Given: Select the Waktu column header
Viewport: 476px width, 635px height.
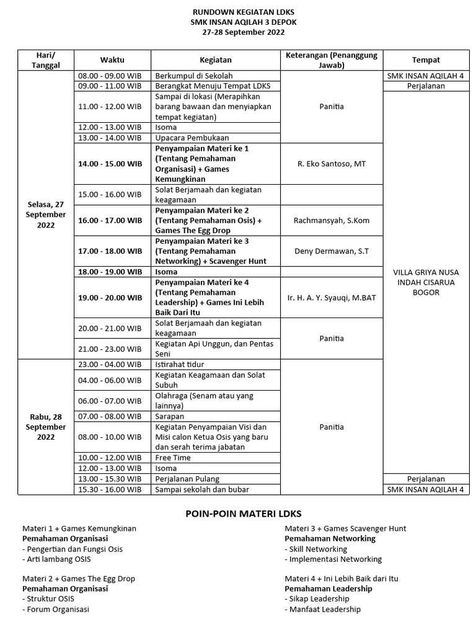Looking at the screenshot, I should pos(112,60).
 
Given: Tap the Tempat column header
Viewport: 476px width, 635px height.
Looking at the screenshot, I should pos(426,60).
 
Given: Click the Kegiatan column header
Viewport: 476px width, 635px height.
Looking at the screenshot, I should pos(216,60).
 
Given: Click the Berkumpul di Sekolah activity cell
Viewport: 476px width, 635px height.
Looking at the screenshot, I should pos(193,76).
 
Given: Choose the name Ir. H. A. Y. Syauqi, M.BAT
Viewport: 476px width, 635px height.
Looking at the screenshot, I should pos(331,298).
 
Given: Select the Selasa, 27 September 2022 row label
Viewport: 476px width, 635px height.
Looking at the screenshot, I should pos(46,215).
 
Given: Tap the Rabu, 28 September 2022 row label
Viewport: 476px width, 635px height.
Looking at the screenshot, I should pos(46,427).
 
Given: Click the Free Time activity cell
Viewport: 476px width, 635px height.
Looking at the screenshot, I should pos(173,458).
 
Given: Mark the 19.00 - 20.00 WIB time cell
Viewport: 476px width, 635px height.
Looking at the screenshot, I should pos(110,298).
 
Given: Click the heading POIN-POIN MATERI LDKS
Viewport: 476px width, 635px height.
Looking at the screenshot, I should pos(244,513).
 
